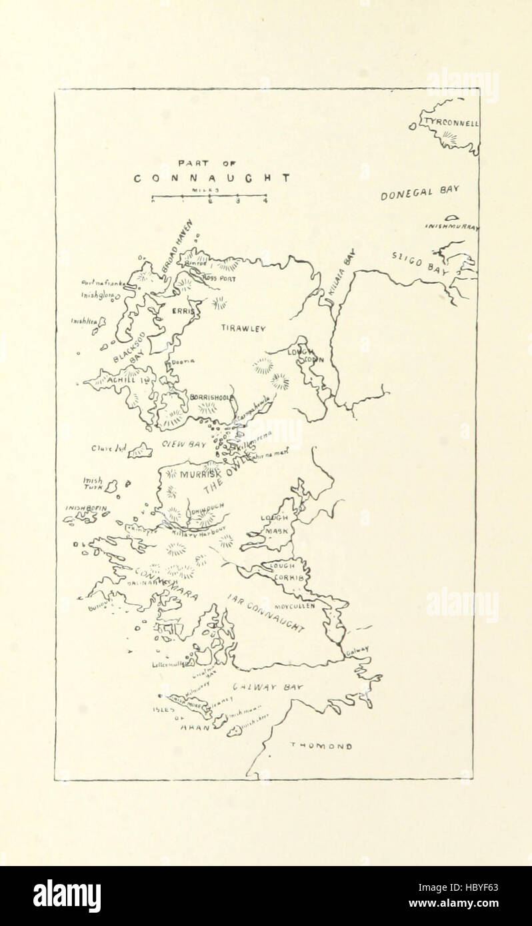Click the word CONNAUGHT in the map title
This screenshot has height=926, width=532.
pyautogui.click(x=212, y=179)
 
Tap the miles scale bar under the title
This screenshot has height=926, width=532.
pyautogui.click(x=209, y=197)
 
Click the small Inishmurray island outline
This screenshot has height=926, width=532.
pyautogui.click(x=452, y=217)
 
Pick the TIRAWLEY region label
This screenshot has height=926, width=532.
pyautogui.click(x=243, y=328)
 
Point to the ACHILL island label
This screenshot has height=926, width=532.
pyautogui.click(x=124, y=380)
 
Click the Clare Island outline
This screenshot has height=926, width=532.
pyautogui.click(x=141, y=451)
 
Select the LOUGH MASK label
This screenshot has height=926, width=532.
pyautogui.click(x=275, y=524)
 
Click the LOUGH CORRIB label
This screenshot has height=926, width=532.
pyautogui.click(x=287, y=572)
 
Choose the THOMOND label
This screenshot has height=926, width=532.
pyautogui.click(x=321, y=747)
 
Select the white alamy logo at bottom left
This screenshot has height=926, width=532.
pyautogui.click(x=67, y=895)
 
